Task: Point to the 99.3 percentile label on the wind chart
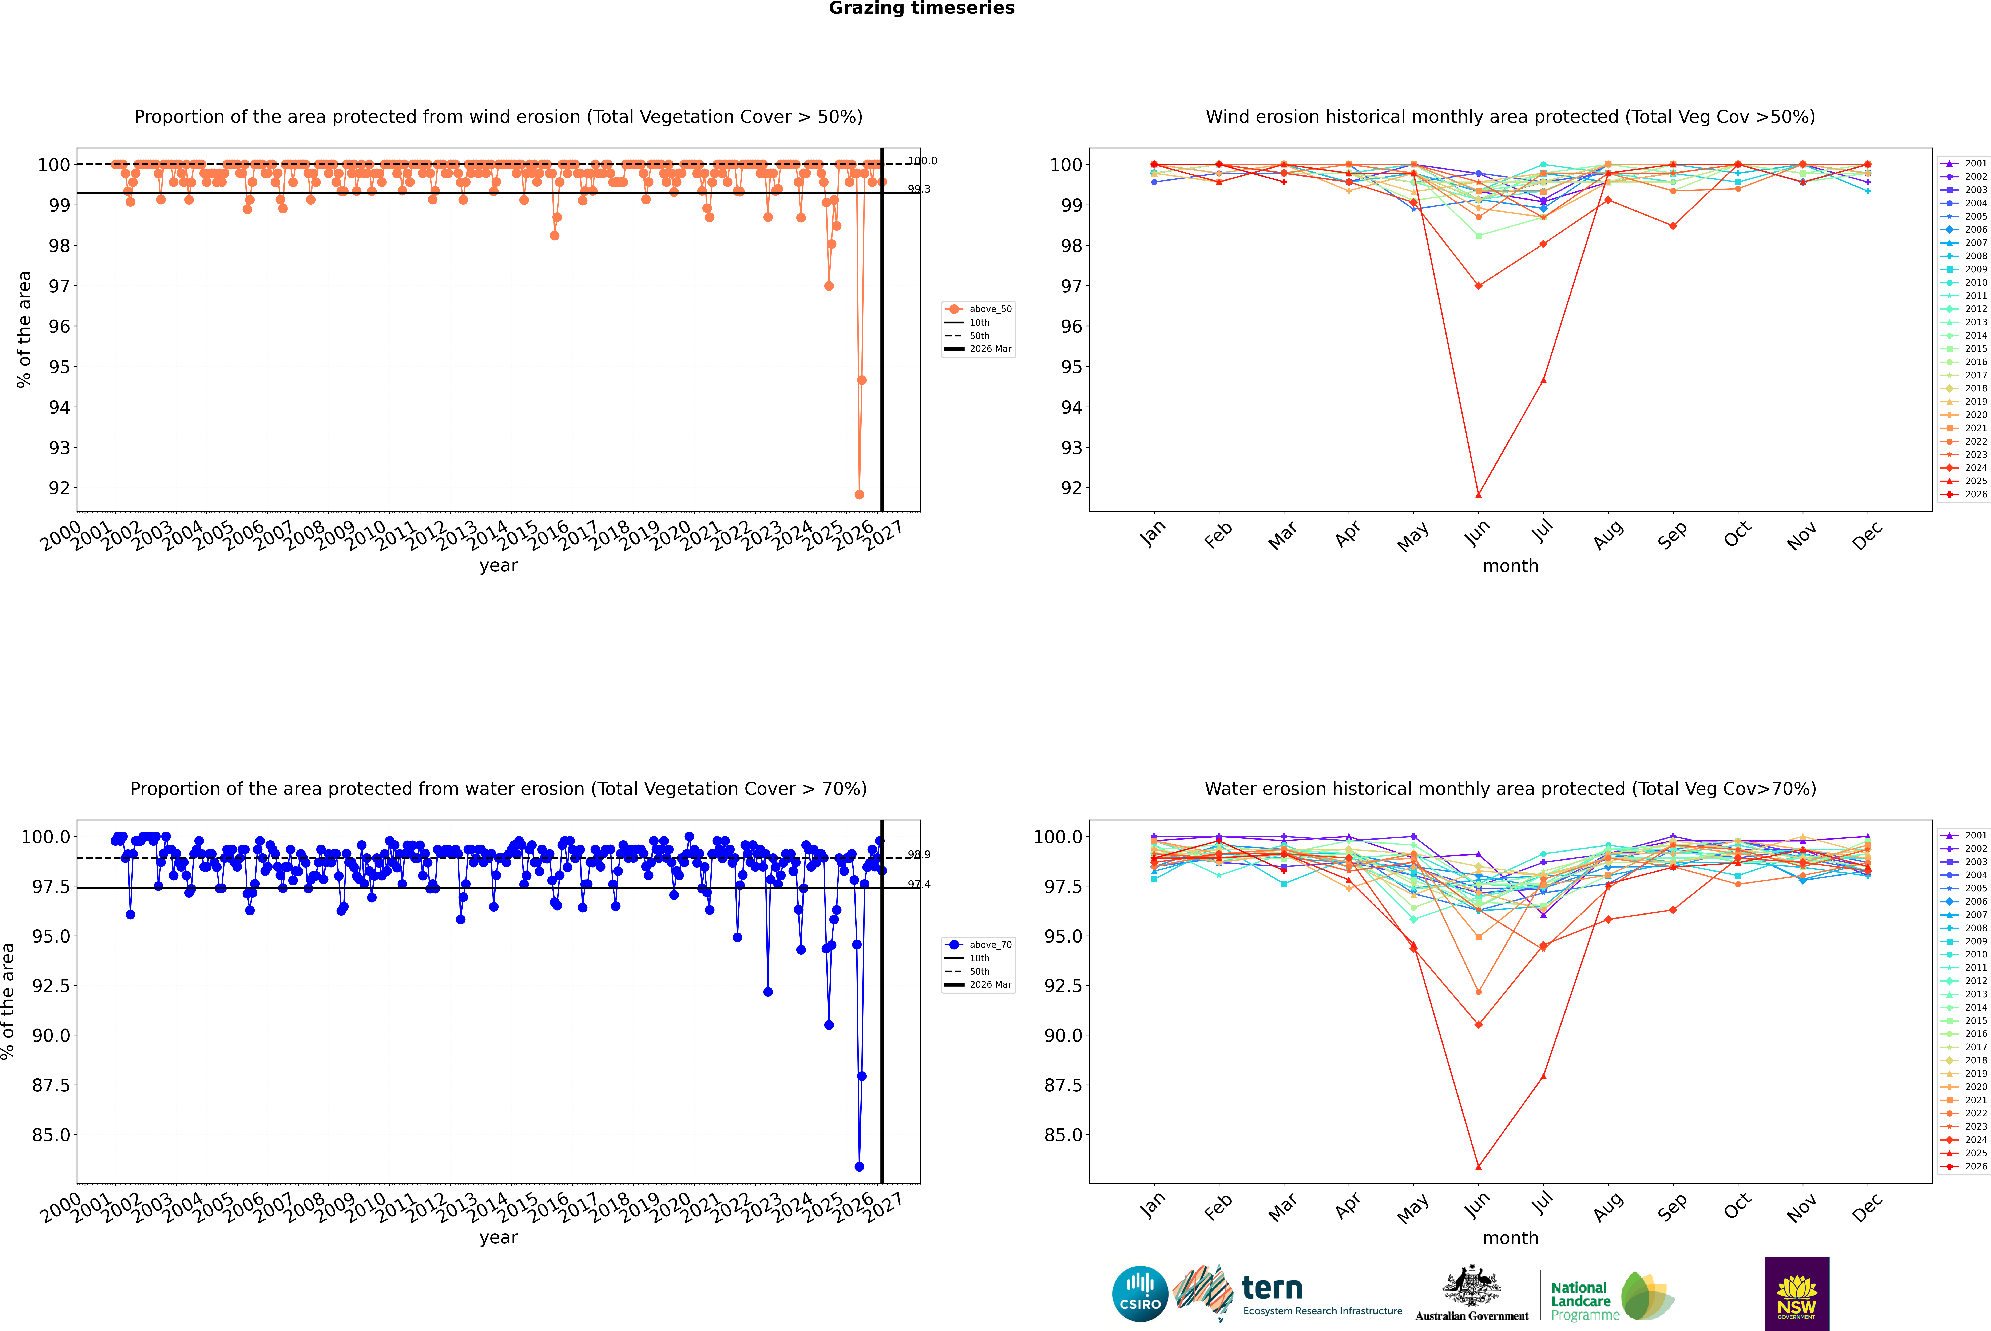click(919, 189)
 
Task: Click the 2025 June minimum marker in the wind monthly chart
click(1478, 495)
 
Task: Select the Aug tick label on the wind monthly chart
click(1608, 535)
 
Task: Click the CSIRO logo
click(1140, 1294)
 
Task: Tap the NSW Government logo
click(1797, 1294)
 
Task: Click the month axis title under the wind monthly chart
click(1510, 566)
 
